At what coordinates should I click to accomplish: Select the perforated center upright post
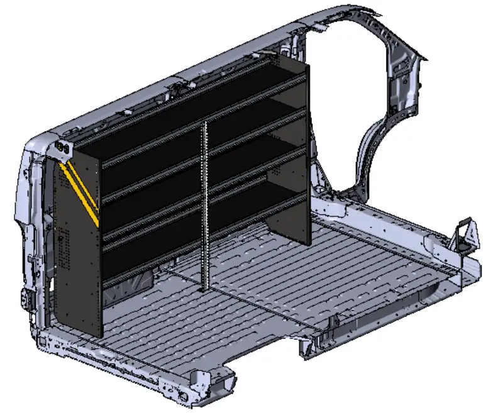(204, 208)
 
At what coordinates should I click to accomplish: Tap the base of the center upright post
(202, 288)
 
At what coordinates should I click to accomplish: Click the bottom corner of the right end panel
(308, 242)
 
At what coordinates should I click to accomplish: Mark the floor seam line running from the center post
(264, 302)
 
